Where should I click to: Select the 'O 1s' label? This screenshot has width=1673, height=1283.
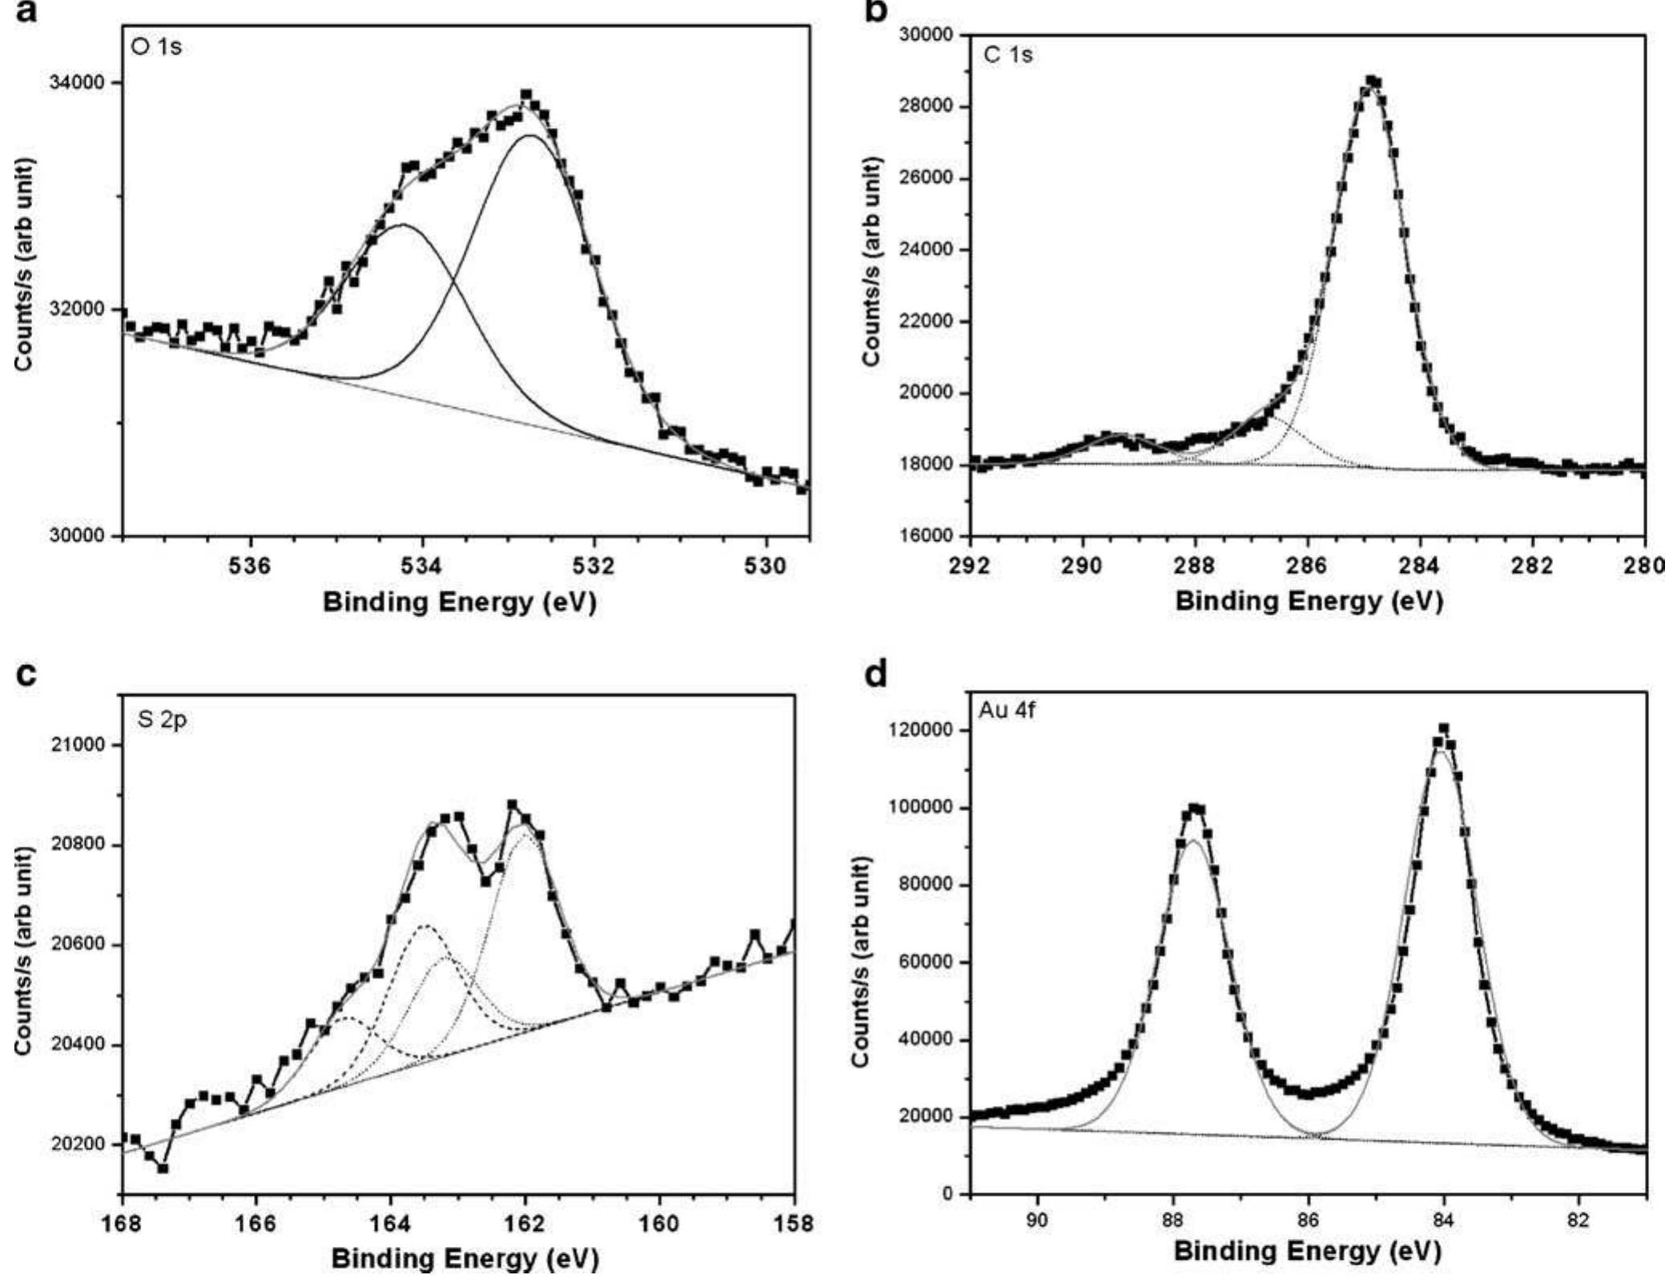point(157,46)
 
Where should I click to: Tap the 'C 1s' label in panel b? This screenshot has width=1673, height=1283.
point(1007,54)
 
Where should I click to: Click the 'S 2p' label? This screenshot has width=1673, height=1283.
point(162,720)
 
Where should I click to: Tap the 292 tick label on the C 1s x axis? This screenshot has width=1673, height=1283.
point(970,565)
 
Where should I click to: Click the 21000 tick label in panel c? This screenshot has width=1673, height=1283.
point(82,745)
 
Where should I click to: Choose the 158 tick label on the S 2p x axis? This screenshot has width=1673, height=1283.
point(794,1224)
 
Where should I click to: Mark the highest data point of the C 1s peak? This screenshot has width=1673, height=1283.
point(1371,81)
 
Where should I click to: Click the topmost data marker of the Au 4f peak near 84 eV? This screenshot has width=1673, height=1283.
point(1444,728)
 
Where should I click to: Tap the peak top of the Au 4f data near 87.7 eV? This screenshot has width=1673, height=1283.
point(1193,809)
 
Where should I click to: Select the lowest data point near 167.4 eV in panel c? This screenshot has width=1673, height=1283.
point(163,1168)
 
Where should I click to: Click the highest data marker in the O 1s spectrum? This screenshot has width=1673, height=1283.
point(526,95)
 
